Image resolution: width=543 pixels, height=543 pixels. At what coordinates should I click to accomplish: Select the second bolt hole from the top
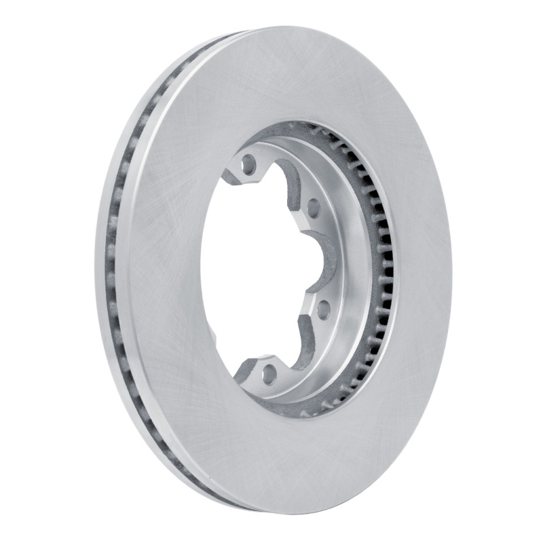click(x=313, y=207)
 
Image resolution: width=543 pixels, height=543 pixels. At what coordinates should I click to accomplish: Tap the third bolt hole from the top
click(x=324, y=310)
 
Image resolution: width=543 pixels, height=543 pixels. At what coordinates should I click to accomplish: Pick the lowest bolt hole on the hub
click(x=269, y=372)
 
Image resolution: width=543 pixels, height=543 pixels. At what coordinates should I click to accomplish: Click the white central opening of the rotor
click(x=251, y=271)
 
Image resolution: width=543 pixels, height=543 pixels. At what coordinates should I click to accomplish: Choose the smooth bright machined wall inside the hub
click(x=353, y=271)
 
